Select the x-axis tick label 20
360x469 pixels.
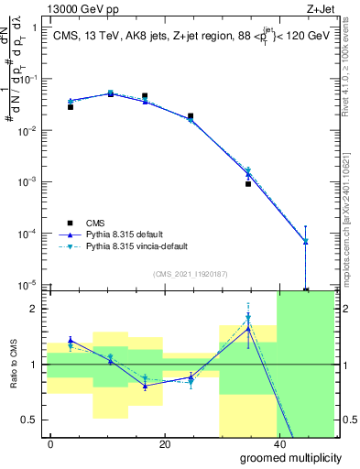[x=164, y=444]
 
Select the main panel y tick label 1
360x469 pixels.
[x=35, y=27]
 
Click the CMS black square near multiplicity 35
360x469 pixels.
[x=248, y=183]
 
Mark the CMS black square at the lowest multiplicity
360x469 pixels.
[x=71, y=107]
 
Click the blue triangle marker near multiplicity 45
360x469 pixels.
[x=305, y=241]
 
